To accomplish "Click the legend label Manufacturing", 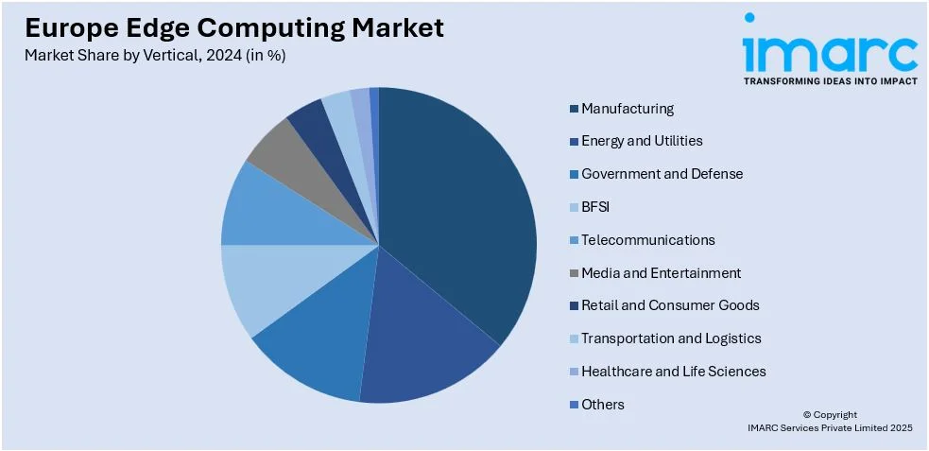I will tap(628, 109).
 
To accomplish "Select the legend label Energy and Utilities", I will tap(642, 141).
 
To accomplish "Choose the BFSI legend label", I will tap(596, 206).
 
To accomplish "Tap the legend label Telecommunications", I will tap(647, 240).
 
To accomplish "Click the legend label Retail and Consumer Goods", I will tap(670, 305).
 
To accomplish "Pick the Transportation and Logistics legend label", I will tap(671, 338).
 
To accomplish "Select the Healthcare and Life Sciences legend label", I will tap(673, 372).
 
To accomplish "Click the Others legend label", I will tap(603, 405).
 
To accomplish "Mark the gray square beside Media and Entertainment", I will tap(574, 274).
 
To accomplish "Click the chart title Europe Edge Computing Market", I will tap(234, 28).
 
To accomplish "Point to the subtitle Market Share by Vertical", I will tap(155, 55).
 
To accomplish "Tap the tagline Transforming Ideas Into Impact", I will tap(830, 81).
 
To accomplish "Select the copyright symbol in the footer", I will tap(807, 415).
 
